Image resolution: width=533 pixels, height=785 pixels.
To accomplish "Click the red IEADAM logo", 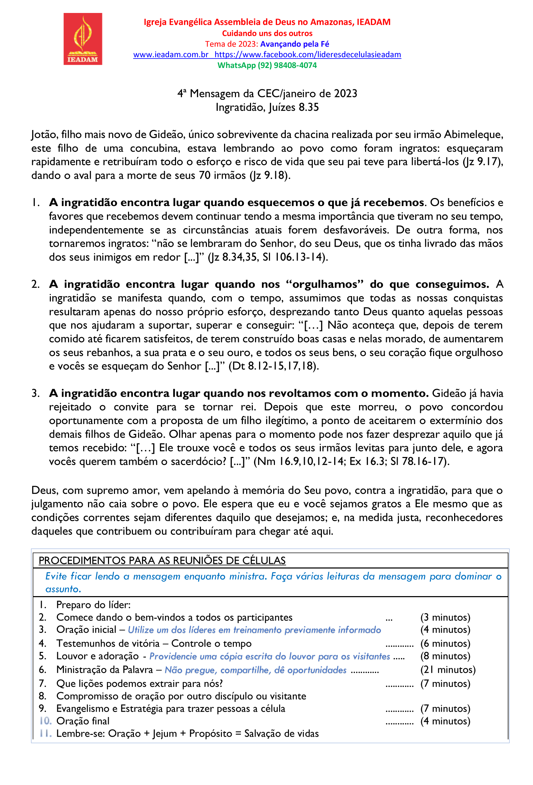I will [83, 39].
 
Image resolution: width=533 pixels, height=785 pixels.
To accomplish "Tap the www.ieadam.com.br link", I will [171, 55].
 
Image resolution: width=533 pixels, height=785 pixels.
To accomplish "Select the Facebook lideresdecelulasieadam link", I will [308, 55].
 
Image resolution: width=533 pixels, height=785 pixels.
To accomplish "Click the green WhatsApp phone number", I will [267, 66].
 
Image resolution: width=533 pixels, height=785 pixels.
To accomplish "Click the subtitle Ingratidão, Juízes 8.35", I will [267, 107].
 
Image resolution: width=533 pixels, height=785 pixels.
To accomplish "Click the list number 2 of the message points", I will [35, 284].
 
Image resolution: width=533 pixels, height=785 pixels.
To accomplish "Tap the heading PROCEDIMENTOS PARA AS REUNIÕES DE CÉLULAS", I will [162, 560].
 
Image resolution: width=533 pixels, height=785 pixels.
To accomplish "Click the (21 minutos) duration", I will [448, 670].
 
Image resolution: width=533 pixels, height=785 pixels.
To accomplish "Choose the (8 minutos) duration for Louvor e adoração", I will [445, 656].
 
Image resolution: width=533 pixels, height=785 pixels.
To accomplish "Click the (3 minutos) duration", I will [445, 617].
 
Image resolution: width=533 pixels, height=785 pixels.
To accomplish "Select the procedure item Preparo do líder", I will [93, 605].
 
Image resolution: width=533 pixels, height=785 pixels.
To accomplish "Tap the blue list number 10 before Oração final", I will [46, 721].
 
